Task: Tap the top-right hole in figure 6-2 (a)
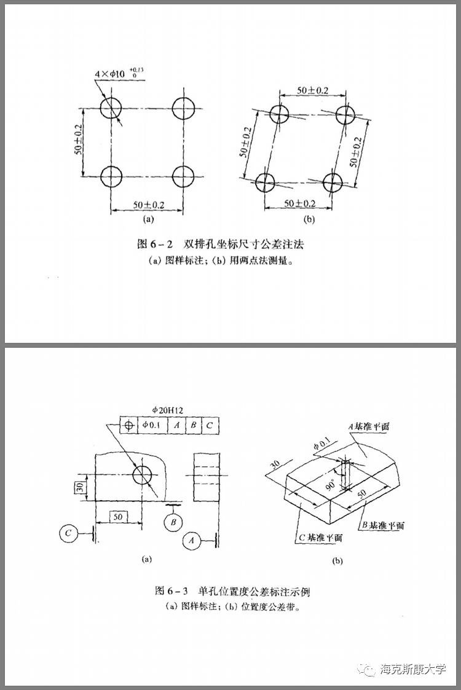tap(183, 109)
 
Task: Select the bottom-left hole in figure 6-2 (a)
tap(111, 176)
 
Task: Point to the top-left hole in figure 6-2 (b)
tap(280, 114)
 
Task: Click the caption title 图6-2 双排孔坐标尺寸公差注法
tap(221, 244)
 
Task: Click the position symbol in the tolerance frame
tap(128, 425)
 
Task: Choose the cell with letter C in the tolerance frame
tap(210, 425)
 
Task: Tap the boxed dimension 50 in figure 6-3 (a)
tap(117, 517)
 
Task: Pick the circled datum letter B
tap(174, 522)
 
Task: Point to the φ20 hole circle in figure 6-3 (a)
tap(143, 474)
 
